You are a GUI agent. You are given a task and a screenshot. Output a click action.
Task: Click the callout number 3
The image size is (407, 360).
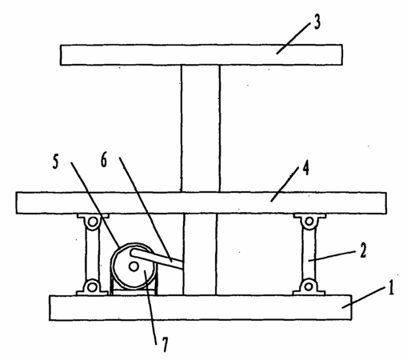pos(317,22)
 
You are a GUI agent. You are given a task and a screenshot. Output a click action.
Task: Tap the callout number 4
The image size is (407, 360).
pos(306,169)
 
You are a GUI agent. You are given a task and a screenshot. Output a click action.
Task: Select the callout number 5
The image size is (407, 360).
pos(55,162)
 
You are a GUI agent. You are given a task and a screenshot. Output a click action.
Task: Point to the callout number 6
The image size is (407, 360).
pos(104,160)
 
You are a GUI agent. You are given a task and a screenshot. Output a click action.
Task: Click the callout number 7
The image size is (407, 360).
pos(166,344)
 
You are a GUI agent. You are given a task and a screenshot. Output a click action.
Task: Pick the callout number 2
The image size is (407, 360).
pos(363,250)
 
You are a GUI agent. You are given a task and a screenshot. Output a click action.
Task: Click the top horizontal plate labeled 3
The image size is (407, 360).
pos(202,54)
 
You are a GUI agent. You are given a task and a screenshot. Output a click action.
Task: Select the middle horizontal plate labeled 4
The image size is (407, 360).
pos(202,203)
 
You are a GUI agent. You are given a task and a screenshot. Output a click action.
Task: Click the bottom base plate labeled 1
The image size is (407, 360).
pos(200,307)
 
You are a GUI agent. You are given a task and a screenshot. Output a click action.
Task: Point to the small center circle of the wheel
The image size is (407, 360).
pos(134,266)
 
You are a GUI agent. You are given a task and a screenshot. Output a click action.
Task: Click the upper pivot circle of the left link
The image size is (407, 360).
pos(93,222)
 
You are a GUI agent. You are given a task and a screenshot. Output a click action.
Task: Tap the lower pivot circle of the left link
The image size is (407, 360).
pos(92,287)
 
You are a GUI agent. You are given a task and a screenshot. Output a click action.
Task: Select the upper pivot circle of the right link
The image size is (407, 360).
pos(309,221)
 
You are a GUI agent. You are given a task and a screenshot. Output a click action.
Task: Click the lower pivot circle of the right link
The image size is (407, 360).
pos(309,286)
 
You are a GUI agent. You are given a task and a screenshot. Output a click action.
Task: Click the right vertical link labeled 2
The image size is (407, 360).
pos(309,254)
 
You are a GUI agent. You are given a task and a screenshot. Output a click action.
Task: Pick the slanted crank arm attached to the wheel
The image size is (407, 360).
pos(157,258)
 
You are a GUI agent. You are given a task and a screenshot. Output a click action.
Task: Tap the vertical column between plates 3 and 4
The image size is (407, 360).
pos(201,129)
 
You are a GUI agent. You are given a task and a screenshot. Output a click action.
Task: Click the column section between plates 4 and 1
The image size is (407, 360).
pos(200,254)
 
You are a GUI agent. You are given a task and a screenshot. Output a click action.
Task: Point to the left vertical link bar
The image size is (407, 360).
pos(92,254)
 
